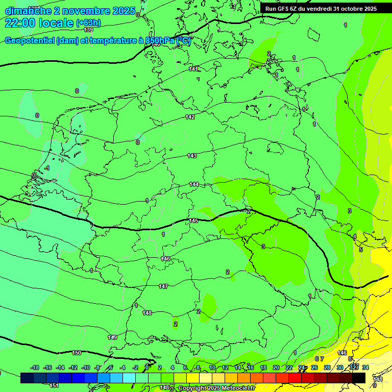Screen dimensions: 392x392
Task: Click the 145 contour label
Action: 193,220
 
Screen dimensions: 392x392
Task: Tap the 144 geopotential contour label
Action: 194,184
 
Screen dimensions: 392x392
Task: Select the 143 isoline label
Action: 192,156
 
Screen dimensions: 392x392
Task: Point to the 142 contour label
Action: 190,117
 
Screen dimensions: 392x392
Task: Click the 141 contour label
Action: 193,69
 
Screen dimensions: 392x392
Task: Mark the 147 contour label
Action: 163,286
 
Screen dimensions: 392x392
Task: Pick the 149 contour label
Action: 113,337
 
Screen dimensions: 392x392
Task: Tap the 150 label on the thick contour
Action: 77,353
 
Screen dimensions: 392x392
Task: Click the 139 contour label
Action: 88,30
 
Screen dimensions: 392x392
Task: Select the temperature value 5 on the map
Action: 360,250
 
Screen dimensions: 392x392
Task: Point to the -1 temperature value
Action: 47,168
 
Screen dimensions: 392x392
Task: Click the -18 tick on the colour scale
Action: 35,367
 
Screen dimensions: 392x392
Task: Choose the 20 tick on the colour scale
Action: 276,367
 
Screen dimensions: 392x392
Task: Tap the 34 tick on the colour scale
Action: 365,367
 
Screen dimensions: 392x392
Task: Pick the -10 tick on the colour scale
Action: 86,367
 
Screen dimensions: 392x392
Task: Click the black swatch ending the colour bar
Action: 359,378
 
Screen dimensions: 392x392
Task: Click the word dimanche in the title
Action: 28,11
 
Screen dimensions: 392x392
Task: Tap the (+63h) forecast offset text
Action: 88,23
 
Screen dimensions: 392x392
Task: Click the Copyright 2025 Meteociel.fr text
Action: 216,388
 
